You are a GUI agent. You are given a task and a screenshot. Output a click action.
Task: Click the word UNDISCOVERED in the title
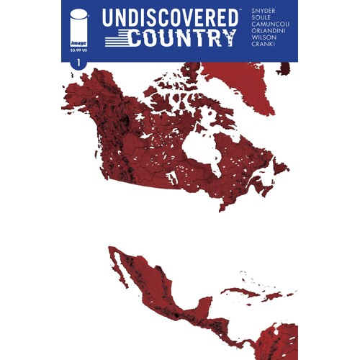(171, 18)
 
